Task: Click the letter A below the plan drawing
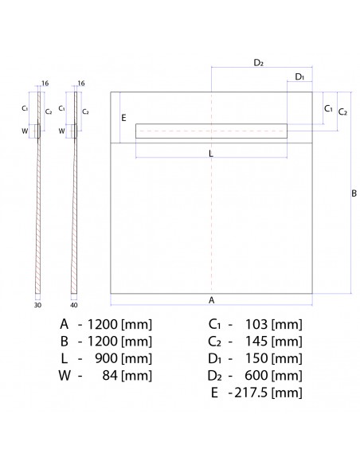coord(211,299)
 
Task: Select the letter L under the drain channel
coord(211,154)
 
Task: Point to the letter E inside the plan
coord(123,118)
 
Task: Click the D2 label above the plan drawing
coord(259,62)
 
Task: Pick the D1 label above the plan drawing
coord(299,77)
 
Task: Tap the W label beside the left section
coord(25,131)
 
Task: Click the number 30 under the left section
coord(37,303)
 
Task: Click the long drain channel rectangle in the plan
coord(212,131)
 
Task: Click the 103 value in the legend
coord(256,324)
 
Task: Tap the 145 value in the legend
coord(256,341)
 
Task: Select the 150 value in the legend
coord(256,358)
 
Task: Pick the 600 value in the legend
coord(256,376)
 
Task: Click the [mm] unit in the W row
coord(135,376)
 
